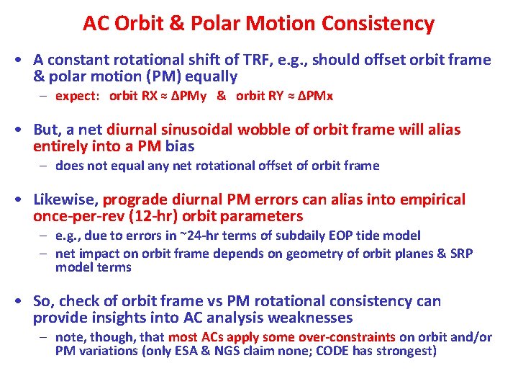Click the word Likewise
[x=65, y=200]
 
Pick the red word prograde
[x=132, y=200]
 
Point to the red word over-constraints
[x=345, y=337]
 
